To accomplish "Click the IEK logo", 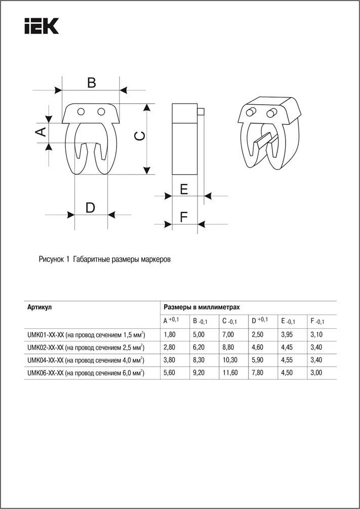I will [42, 26].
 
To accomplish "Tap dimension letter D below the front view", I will [90, 207].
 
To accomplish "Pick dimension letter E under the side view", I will [184, 189].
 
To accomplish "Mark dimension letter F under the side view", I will [184, 217].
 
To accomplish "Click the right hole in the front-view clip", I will [101, 111].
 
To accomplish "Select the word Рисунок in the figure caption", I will [51, 260].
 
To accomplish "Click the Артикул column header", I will [39, 307].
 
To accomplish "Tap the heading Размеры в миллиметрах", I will [201, 307].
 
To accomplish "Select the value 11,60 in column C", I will [230, 373].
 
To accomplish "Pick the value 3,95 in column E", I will [288, 334].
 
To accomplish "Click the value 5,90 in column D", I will [258, 360].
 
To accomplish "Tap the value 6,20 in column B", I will [199, 347].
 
